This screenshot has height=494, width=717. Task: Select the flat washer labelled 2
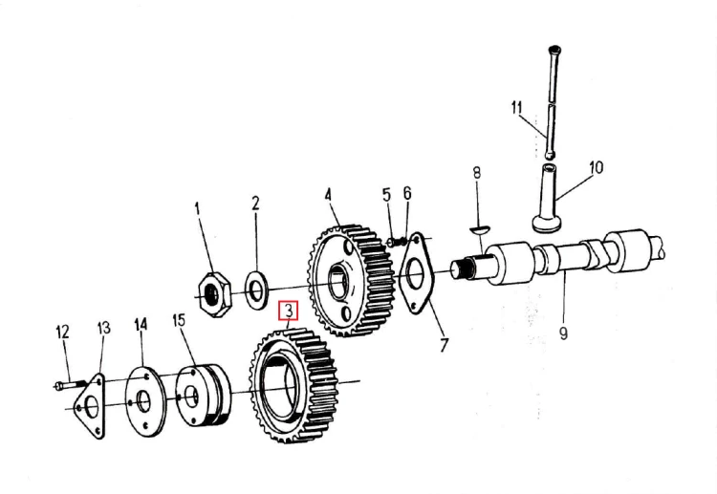click(x=255, y=290)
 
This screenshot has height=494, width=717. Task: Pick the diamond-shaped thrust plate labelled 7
click(x=417, y=274)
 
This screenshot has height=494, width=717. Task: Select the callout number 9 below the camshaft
click(x=563, y=333)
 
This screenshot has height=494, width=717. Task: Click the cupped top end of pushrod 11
click(x=554, y=50)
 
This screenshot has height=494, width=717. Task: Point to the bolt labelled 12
click(x=69, y=385)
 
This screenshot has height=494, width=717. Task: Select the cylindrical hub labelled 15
click(x=204, y=396)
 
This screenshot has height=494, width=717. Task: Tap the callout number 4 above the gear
click(x=328, y=195)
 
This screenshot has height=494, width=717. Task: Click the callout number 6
click(x=407, y=193)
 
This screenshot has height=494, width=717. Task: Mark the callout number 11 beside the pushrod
click(x=516, y=108)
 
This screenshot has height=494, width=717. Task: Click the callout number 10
click(x=596, y=168)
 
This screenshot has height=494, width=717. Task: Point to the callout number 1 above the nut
click(x=198, y=209)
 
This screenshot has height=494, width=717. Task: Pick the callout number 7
click(x=444, y=345)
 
